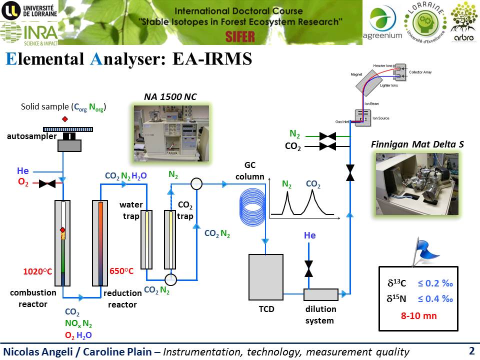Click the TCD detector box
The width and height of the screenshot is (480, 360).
pyautogui.click(x=266, y=277)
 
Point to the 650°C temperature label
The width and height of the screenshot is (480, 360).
pyautogui.click(x=121, y=271)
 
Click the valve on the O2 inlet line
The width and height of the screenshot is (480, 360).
pyautogui.click(x=47, y=183)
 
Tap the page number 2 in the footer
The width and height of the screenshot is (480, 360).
pyautogui.click(x=471, y=351)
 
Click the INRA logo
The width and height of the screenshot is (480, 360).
pyautogui.click(x=28, y=32)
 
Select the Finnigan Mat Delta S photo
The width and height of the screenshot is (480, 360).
pyautogui.click(x=417, y=184)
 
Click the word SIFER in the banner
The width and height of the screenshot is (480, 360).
pyautogui.click(x=240, y=36)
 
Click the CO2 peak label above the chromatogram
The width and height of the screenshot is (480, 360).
pyautogui.click(x=313, y=184)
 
